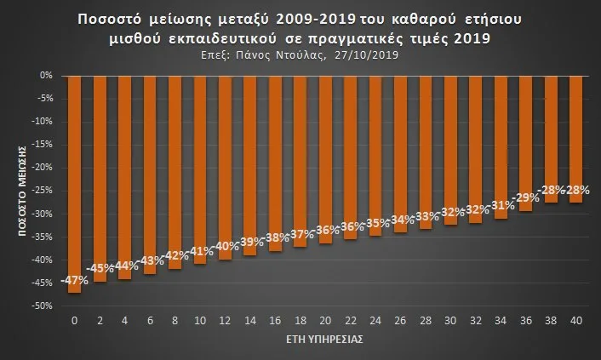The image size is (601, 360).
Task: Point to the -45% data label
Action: click(100, 269)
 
